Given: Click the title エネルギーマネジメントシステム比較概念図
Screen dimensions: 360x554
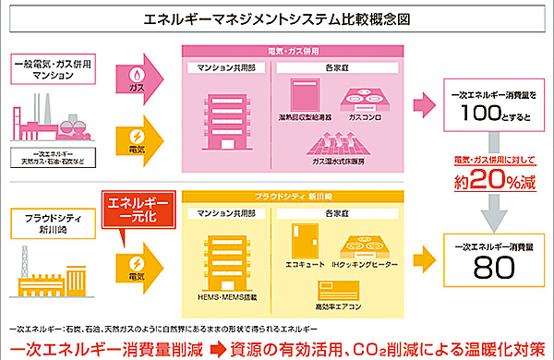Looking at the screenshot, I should pos(277,18).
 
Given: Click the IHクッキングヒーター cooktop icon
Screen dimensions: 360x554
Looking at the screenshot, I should pos(367,243).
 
